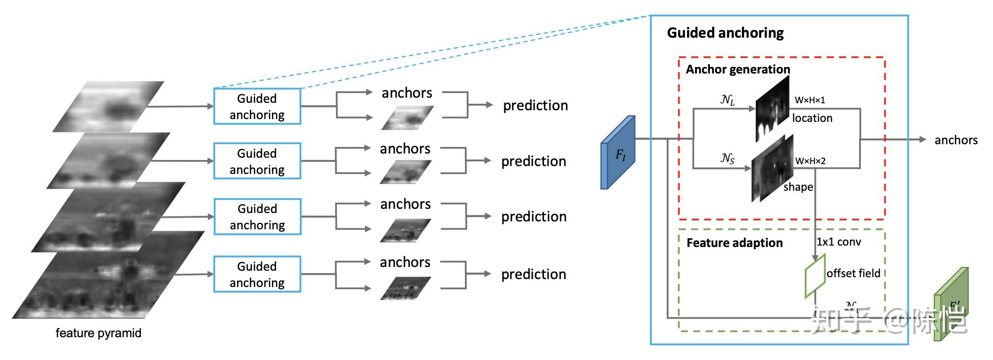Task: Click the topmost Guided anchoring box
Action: tap(257, 107)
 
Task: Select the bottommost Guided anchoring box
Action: tap(257, 274)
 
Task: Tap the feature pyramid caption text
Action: tap(98, 333)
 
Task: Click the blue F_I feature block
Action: tap(618, 153)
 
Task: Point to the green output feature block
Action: tap(951, 305)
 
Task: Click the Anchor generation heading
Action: tap(738, 69)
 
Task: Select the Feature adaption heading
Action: tap(735, 243)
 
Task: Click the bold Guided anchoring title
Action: tap(725, 33)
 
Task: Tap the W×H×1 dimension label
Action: tap(810, 100)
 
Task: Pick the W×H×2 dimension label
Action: tap(810, 161)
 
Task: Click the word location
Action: tap(812, 118)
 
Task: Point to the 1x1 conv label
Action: tap(839, 242)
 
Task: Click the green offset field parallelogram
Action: tap(815, 275)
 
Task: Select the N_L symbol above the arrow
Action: tap(728, 100)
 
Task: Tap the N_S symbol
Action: tap(728, 159)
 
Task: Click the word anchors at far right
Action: tap(956, 140)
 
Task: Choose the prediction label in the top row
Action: tap(535, 106)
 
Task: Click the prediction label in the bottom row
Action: tap(533, 274)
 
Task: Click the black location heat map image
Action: tap(772, 109)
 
